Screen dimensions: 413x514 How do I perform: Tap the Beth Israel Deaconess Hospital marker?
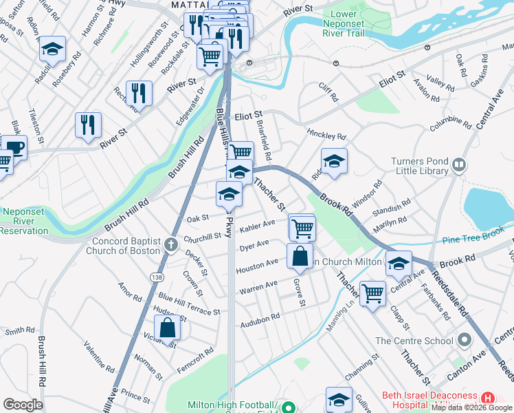pos(488,398)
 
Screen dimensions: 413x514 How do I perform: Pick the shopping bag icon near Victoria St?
pos(167,328)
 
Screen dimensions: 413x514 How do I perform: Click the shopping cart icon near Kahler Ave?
pos(302,226)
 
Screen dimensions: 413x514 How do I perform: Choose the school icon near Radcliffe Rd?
pos(52,49)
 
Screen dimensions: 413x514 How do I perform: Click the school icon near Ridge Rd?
pos(334,161)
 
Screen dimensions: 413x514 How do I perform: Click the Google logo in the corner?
pos(23,405)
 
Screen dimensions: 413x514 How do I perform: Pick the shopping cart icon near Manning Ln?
pos(372,293)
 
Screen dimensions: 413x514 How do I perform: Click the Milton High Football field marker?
pos(289,406)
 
